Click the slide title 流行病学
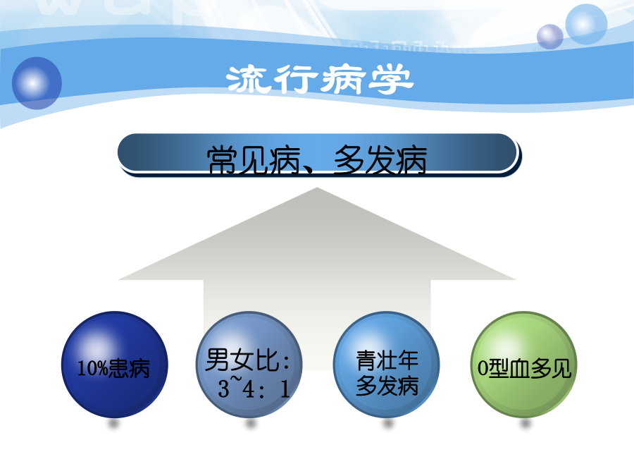click(x=319, y=79)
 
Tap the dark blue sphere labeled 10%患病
click(x=114, y=365)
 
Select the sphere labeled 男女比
click(x=249, y=365)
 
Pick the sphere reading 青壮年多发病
click(x=386, y=365)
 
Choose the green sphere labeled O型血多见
click(x=523, y=365)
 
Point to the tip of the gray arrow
click(x=317, y=188)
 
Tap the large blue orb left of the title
click(x=37, y=83)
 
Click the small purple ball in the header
click(x=550, y=37)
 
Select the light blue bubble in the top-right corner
click(x=586, y=24)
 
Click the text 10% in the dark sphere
click(x=92, y=368)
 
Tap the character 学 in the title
click(x=391, y=79)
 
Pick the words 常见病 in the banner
click(x=253, y=160)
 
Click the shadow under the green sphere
click(x=525, y=424)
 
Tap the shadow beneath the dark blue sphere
click(x=113, y=424)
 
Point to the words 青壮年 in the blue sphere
click(x=387, y=360)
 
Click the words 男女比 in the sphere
click(x=242, y=360)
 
